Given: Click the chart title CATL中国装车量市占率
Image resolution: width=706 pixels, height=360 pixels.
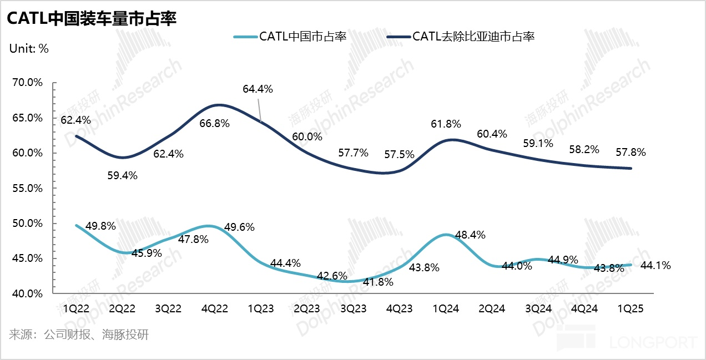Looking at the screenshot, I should point(91,18).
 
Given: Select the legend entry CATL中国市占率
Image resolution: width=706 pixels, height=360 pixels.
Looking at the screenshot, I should point(302,37).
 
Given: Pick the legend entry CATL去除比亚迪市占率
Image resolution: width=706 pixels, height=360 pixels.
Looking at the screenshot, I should point(473,37).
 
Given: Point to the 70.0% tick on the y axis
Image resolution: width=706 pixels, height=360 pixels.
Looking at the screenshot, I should point(27,83).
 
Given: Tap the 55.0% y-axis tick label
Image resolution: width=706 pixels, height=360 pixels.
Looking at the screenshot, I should point(27,188).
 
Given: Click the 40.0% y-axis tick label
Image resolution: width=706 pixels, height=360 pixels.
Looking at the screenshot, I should point(27,293).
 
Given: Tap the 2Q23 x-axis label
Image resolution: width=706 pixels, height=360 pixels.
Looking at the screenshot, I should point(307,309).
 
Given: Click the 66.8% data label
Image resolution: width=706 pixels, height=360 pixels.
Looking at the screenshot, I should point(214,123).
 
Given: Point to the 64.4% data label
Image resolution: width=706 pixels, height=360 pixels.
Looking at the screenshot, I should point(258,89).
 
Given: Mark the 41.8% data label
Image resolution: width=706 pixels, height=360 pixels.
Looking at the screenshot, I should point(378,282).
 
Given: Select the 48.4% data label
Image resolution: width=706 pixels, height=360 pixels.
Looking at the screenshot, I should point(470,235).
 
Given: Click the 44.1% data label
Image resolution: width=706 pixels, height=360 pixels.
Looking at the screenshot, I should point(655,266).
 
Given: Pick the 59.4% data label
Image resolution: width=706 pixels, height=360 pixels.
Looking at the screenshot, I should point(123,175).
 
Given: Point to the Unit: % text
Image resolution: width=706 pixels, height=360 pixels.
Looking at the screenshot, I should point(29,48).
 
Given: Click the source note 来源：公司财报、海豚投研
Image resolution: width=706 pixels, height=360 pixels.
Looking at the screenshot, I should point(79,335).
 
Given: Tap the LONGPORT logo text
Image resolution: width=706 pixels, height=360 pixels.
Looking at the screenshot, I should point(653,342).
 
